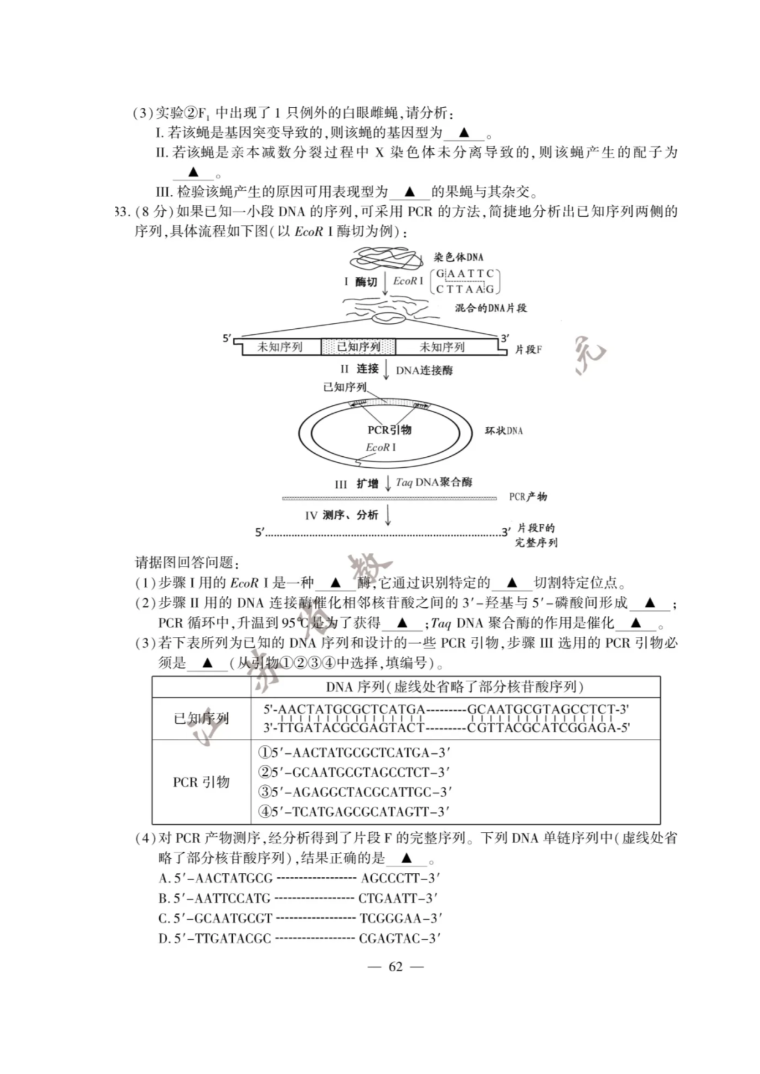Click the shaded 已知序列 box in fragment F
[x=358, y=347]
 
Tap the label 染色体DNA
[x=459, y=257]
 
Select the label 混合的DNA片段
[x=491, y=308]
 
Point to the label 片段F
[x=528, y=350]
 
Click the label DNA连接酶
[x=424, y=370]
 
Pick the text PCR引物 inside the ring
[x=389, y=430]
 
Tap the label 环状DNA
[x=504, y=431]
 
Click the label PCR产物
[x=528, y=497]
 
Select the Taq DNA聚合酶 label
[x=434, y=483]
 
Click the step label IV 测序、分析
[x=342, y=516]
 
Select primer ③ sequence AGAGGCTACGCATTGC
[x=355, y=792]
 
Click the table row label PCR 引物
[x=201, y=782]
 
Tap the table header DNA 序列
[x=454, y=687]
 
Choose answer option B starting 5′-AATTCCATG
[x=298, y=898]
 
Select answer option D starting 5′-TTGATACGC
[x=299, y=938]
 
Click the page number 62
[x=396, y=967]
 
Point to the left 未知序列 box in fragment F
[x=280, y=347]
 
